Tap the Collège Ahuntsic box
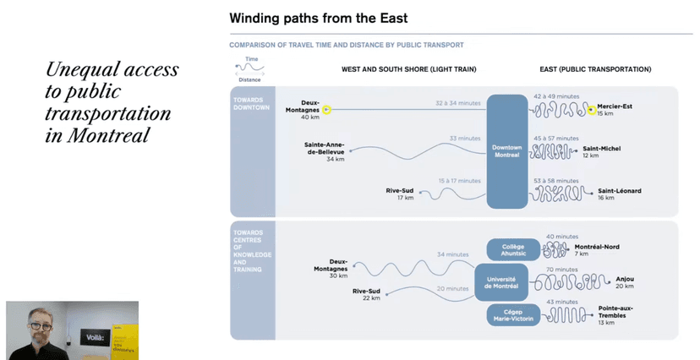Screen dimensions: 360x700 click(507, 249)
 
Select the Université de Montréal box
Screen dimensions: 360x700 click(500, 281)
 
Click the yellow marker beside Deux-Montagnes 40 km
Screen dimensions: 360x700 click(326, 109)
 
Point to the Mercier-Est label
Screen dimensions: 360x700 click(615, 106)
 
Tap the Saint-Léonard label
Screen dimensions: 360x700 click(619, 191)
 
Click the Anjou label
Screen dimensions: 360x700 click(625, 279)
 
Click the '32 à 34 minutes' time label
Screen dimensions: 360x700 click(457, 103)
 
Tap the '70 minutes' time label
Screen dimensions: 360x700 click(561, 270)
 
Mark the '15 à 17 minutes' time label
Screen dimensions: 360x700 click(460, 181)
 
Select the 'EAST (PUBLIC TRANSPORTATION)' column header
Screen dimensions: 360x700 click(595, 69)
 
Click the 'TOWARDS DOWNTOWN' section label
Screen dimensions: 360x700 click(250, 104)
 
